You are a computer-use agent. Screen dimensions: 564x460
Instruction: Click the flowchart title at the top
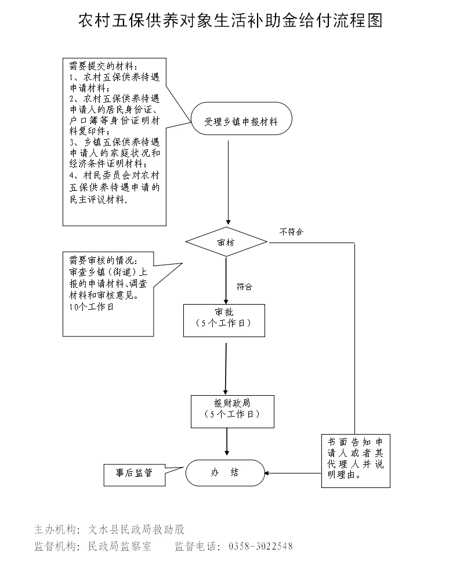coord(230,21)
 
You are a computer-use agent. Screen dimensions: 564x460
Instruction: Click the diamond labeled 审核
coord(226,243)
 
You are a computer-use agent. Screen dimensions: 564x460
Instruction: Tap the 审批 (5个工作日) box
coord(224,320)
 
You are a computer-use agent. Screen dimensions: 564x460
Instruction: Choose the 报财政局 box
coord(232,411)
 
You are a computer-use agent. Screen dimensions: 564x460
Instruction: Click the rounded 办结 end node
coord(224,472)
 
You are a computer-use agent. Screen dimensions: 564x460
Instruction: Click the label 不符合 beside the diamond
coord(291,232)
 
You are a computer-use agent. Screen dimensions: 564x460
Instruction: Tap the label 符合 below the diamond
coord(244,286)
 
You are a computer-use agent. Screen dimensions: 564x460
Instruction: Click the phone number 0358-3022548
coord(261,546)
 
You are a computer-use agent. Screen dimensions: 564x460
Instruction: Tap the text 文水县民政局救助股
coord(136,529)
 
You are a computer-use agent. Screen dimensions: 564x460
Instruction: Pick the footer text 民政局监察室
coord(119,546)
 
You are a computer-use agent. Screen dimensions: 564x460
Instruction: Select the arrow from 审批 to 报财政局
coord(226,368)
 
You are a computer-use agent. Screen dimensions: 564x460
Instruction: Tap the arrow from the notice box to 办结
coord(293,473)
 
